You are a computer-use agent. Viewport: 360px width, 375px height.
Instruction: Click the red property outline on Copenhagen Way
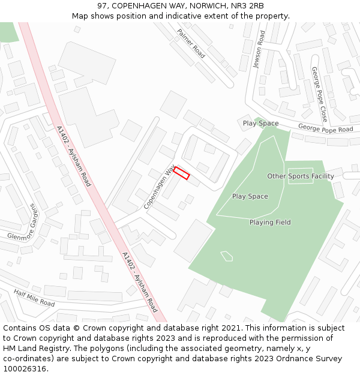click(x=182, y=173)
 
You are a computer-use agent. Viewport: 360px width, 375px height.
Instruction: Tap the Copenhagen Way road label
click(x=158, y=187)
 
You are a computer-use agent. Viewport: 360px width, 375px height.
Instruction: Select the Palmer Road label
click(x=191, y=43)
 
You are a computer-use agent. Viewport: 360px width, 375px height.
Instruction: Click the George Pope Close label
click(x=319, y=94)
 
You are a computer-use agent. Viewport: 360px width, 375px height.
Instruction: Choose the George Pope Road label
click(x=326, y=129)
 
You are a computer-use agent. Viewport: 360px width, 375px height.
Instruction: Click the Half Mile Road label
click(x=35, y=297)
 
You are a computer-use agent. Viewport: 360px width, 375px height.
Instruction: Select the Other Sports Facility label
click(x=300, y=176)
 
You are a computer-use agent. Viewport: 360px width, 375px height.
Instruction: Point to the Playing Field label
click(x=270, y=223)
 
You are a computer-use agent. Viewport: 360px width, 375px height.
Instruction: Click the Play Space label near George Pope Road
click(x=260, y=124)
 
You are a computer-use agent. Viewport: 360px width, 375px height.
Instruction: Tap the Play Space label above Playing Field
click(x=250, y=196)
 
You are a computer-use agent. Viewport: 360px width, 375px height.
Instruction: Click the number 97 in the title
click(x=101, y=5)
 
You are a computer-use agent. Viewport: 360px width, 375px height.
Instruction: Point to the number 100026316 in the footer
click(x=25, y=368)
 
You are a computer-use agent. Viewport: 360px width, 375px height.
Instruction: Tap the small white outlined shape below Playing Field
click(x=226, y=256)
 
